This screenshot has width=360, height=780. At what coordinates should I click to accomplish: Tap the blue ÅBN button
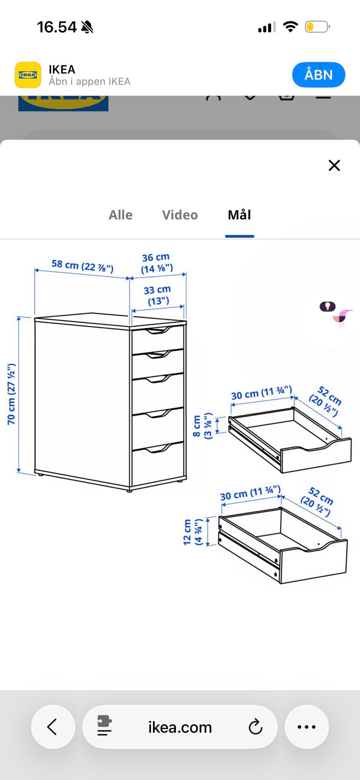(x=318, y=75)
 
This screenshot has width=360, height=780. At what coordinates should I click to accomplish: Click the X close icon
(x=334, y=165)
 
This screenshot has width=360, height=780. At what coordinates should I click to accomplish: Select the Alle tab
(x=120, y=215)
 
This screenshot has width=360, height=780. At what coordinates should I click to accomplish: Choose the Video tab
(x=180, y=215)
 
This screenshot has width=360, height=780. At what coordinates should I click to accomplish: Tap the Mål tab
(x=239, y=215)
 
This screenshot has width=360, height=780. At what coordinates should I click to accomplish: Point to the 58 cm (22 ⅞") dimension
(x=82, y=266)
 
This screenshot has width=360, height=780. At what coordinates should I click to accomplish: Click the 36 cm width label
(x=156, y=263)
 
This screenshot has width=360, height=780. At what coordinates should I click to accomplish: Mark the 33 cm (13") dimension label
(x=157, y=295)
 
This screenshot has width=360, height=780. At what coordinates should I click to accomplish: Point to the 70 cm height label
(x=12, y=394)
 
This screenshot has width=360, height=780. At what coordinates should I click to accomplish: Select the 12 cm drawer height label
(x=193, y=532)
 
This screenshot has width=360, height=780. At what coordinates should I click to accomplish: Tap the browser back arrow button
(x=52, y=727)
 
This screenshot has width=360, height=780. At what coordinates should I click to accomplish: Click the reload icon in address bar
(x=255, y=727)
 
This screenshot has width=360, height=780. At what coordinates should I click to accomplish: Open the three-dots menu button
(x=306, y=727)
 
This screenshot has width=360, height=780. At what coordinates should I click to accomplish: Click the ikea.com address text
(x=180, y=727)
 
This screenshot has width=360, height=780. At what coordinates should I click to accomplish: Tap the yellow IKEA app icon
(x=28, y=75)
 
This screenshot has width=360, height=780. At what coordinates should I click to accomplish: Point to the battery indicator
(x=317, y=27)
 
